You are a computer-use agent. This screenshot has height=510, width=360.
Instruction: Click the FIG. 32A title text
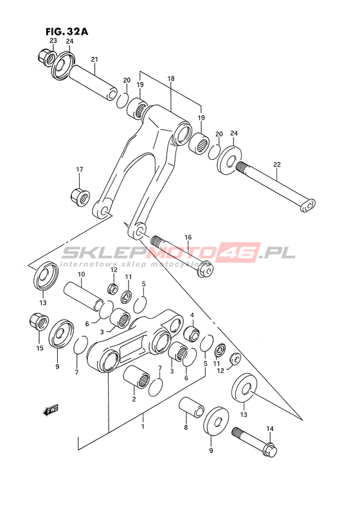coord(67,31)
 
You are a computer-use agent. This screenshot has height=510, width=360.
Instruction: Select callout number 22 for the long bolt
coord(276,164)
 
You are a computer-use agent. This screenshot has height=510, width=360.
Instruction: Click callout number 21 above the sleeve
coord(94,60)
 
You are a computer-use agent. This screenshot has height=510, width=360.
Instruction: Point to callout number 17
coord(80,169)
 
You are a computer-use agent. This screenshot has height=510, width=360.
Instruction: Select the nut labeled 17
coord(80,195)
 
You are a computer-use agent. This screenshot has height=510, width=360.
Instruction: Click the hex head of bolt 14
coord(270,450)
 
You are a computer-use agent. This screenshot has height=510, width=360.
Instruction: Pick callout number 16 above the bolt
coord(188,238)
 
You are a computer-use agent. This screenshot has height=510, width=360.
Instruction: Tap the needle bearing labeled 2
coord(136,376)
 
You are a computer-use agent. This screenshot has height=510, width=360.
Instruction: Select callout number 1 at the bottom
coord(143,426)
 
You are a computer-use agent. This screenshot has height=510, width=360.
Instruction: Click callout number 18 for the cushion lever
coord(171,78)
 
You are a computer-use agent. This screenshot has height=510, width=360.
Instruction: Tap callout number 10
coord(81,274)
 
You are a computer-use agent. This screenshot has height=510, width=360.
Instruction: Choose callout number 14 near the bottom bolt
coord(270,428)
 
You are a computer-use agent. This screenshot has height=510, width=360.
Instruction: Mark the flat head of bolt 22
coord(307,206)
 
